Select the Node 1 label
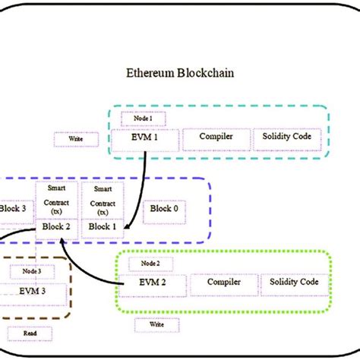pyautogui.click(x=133, y=118)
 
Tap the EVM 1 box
pyautogui.click(x=144, y=137)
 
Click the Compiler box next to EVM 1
pyautogui.click(x=216, y=137)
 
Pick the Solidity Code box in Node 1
pyautogui.click(x=286, y=137)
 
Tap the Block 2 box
pyautogui.click(x=56, y=226)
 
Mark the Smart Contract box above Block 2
pyautogui.click(x=56, y=199)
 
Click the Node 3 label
pyautogui.click(x=32, y=271)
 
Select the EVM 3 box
pyautogui.click(x=32, y=290)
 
